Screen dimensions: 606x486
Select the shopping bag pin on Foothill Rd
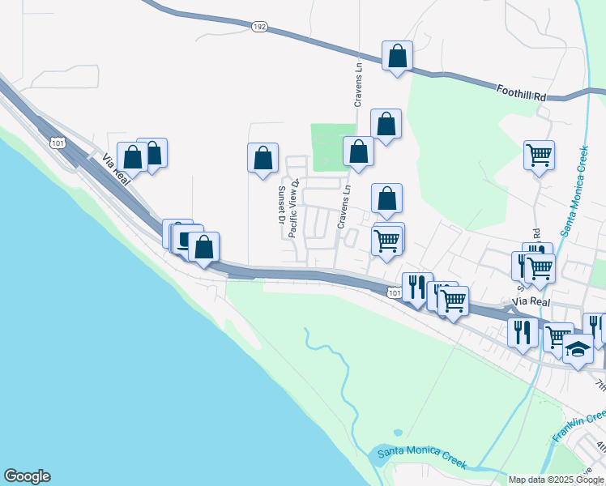397,57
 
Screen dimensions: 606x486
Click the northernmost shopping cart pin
539,153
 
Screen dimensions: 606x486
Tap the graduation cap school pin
578,349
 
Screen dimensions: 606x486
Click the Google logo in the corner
27,476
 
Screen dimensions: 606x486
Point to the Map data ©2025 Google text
557,480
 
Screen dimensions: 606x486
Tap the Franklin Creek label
578,425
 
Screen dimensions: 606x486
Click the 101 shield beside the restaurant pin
394,292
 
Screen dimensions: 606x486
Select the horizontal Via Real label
531,301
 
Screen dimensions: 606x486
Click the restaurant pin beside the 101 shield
417,287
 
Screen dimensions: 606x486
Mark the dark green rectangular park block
333,147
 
